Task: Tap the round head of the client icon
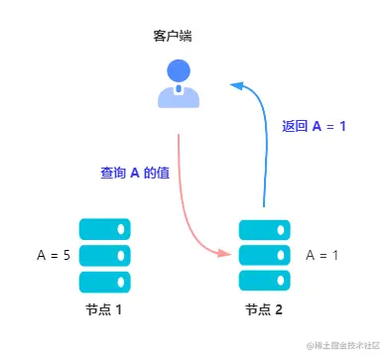click(x=178, y=71)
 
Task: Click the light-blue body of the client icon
click(x=178, y=96)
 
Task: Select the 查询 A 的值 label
click(x=135, y=173)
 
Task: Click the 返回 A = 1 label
click(x=314, y=126)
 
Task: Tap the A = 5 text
click(x=52, y=255)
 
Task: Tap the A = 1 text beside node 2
click(x=323, y=255)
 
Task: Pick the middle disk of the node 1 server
click(x=104, y=255)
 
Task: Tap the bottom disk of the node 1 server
click(x=104, y=281)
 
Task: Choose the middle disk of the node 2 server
click(x=264, y=255)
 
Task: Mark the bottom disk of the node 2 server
click(x=264, y=281)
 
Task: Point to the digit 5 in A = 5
click(x=65, y=255)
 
